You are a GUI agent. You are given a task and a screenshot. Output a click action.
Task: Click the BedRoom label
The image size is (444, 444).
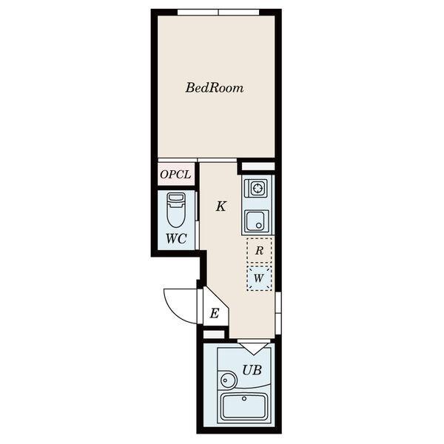point(215,88)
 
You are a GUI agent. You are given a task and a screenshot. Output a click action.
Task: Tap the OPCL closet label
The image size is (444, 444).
point(175,175)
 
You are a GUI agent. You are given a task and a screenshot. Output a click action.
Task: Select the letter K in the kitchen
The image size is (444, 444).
point(221,206)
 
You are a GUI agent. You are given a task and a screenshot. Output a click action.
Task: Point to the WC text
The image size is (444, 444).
point(176,239)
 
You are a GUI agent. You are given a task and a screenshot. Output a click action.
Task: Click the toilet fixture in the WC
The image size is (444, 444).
point(176,210)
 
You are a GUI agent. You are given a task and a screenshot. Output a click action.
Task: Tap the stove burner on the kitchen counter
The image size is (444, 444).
point(258,188)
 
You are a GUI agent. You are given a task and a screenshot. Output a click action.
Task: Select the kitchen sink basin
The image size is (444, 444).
point(258,221)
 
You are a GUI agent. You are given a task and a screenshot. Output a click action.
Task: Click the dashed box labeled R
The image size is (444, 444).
point(259,250)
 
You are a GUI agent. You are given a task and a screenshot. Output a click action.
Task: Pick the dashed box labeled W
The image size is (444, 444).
point(259,278)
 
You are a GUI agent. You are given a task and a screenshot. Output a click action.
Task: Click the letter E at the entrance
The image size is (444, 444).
point(215,314)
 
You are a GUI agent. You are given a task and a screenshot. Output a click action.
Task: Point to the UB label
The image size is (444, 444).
point(252,370)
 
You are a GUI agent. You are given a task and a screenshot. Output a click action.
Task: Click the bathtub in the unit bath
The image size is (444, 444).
point(243,406)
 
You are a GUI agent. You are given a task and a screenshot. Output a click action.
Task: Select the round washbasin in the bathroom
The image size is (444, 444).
point(228,380)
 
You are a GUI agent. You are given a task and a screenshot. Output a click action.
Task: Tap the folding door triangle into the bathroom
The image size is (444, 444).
point(253,349)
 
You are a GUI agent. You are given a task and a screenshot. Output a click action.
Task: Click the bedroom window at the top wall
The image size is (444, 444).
point(218,12)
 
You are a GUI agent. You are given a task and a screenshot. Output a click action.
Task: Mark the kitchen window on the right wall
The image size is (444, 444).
point(278,313)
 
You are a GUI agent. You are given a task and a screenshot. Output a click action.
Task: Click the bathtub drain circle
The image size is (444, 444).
point(244,399)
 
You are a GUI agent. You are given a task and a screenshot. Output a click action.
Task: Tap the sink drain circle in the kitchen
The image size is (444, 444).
point(258,226)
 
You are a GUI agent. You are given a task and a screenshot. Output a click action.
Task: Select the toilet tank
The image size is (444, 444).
point(176,198)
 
